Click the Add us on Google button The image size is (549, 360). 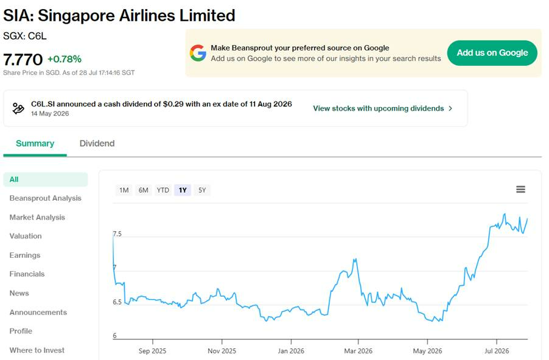(x=492, y=53)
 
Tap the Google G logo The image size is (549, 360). (x=198, y=53)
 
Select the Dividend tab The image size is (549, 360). (x=97, y=144)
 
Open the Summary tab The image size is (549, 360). (x=35, y=144)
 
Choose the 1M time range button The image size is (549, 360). (x=124, y=190)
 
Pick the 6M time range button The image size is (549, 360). (x=143, y=190)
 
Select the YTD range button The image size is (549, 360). (x=163, y=190)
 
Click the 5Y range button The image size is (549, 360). (x=202, y=190)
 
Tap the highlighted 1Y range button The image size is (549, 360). (x=183, y=190)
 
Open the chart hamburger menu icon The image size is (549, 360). (x=520, y=189)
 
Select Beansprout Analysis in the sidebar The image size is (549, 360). (x=46, y=198)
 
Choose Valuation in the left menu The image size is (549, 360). (x=26, y=236)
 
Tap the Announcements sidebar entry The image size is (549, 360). (x=38, y=313)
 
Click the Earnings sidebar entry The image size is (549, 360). (x=25, y=255)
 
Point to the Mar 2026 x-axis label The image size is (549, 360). (x=358, y=350)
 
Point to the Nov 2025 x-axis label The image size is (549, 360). (x=222, y=350)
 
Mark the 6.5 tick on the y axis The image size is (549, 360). (x=117, y=302)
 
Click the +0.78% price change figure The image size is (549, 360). (x=65, y=59)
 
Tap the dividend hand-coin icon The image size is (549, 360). (x=18, y=108)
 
